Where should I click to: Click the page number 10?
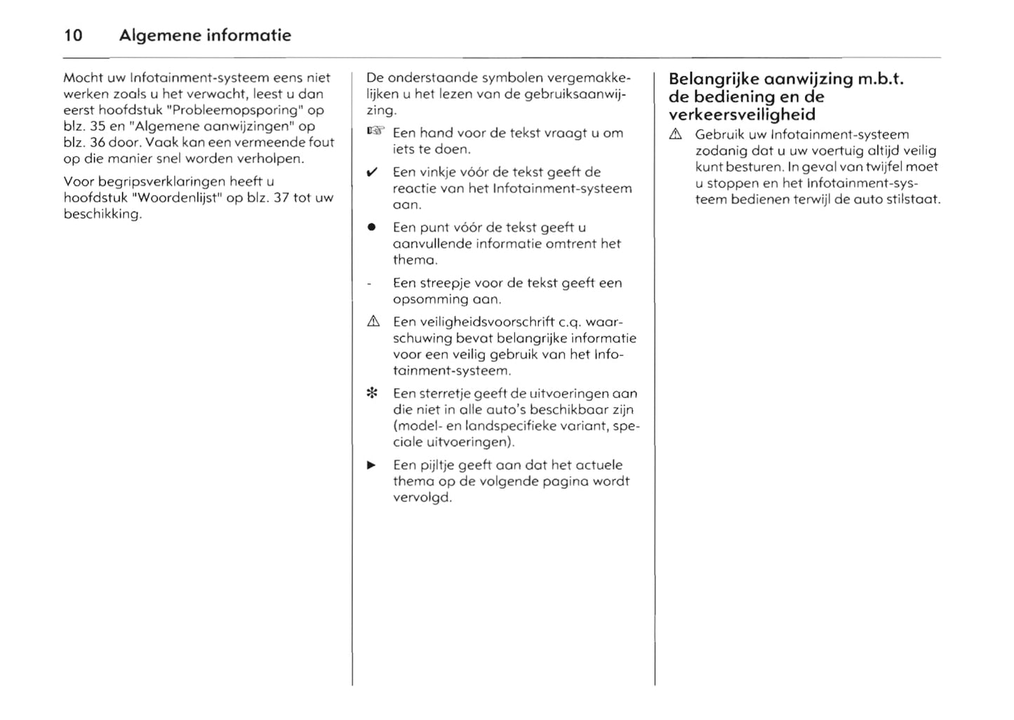click(73, 35)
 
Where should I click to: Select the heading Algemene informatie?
click(205, 35)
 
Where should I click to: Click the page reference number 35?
click(98, 126)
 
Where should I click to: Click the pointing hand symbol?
click(375, 132)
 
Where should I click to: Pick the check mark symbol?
click(373, 172)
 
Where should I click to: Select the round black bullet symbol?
click(372, 227)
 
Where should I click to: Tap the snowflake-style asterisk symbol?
click(373, 394)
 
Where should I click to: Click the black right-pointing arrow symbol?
click(372, 465)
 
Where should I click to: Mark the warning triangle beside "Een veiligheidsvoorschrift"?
click(373, 321)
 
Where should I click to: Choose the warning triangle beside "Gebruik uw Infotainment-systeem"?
click(675, 134)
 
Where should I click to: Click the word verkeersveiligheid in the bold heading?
click(742, 115)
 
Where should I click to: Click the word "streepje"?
click(446, 284)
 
